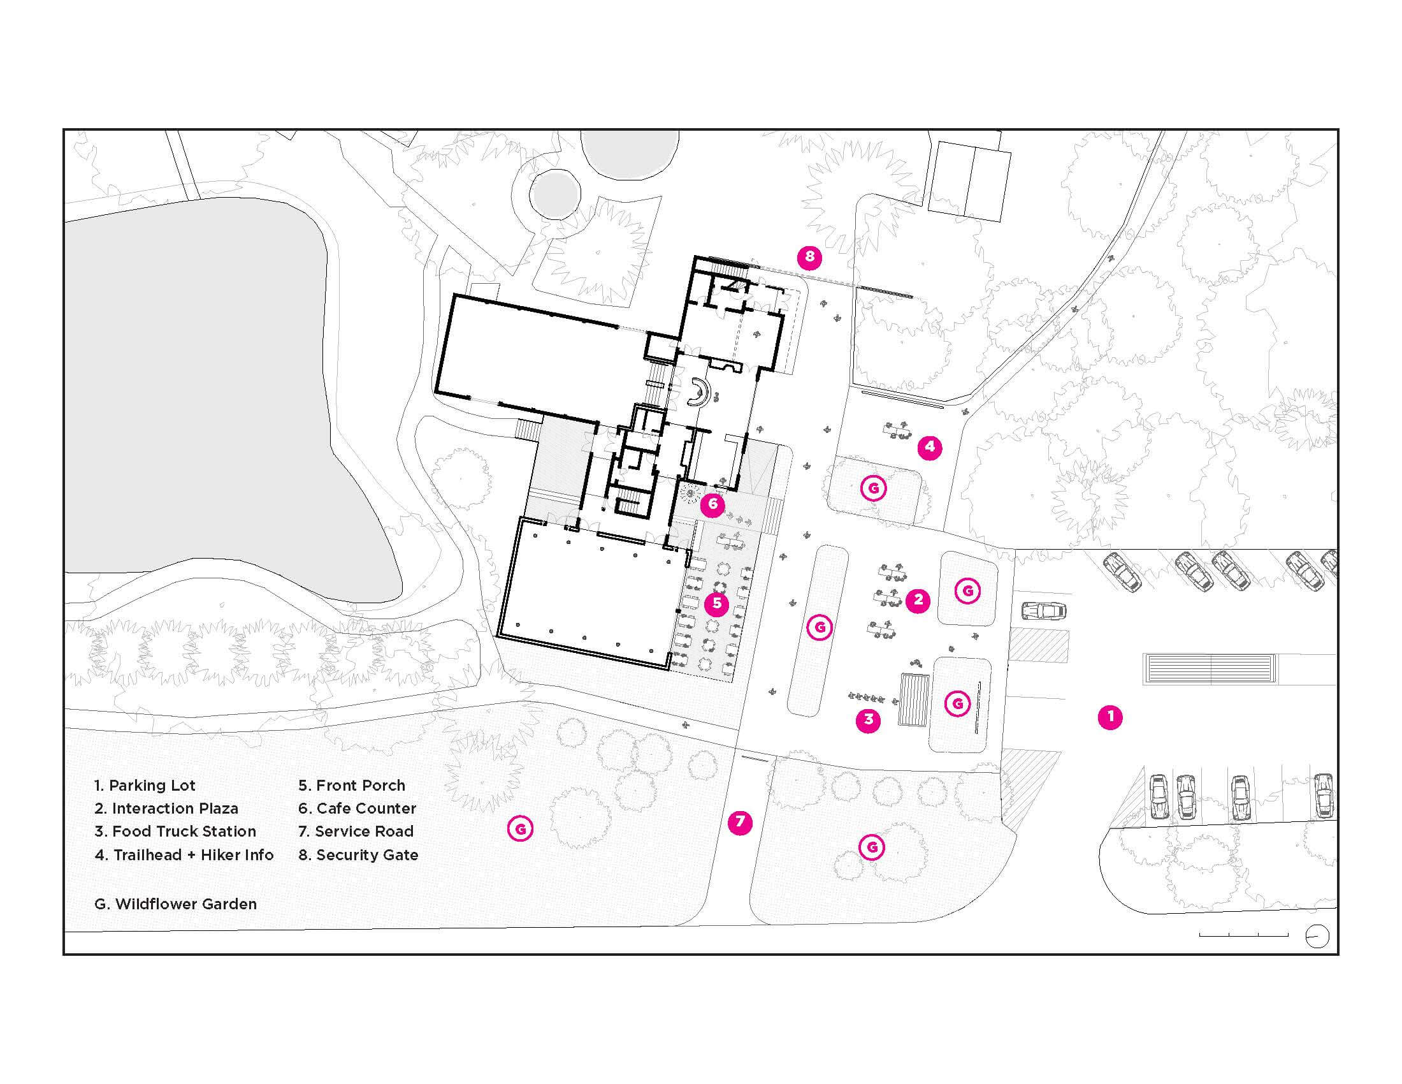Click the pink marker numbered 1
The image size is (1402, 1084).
tap(1110, 717)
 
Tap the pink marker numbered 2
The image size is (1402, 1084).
tap(918, 601)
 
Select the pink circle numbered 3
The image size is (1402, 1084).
tap(868, 720)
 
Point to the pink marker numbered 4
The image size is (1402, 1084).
tap(930, 447)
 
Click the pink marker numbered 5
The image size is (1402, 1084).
tap(716, 604)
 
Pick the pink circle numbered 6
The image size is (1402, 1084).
tap(712, 505)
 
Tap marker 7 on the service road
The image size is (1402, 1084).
tap(740, 822)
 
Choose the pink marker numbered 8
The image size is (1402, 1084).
tap(809, 258)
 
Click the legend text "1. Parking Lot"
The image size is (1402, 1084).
tap(145, 786)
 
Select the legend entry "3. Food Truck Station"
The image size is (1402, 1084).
tap(175, 831)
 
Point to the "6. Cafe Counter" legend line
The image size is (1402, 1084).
tap(357, 809)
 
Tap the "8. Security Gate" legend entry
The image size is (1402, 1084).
tap(358, 855)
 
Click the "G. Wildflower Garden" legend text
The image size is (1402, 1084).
tap(175, 904)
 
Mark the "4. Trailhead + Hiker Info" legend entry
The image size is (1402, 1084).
tap(184, 855)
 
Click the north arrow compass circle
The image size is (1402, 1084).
tap(1317, 937)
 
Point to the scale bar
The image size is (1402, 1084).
tap(1243, 935)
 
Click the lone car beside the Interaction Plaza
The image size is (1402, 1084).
tap(1043, 611)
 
